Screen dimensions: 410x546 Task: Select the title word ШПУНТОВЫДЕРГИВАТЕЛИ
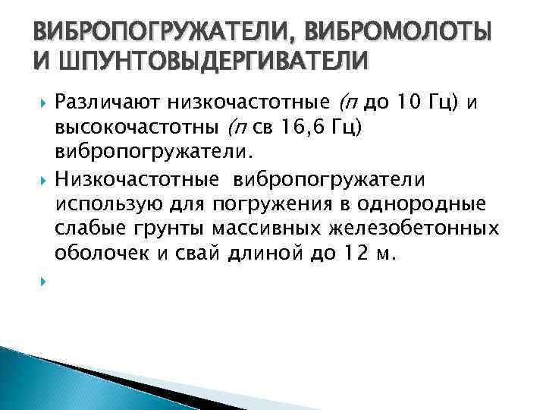click(206, 60)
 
